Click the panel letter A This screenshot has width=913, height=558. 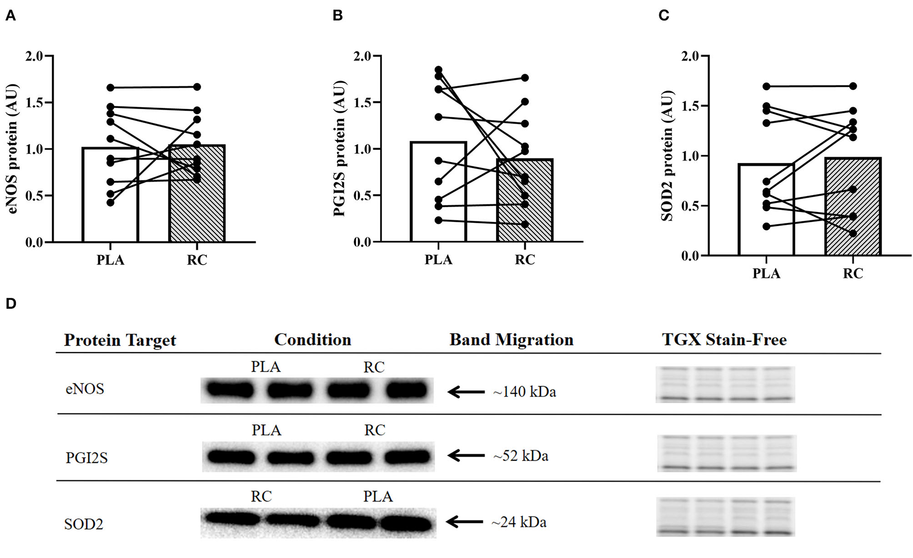point(10,16)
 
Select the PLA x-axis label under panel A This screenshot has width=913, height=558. point(110,260)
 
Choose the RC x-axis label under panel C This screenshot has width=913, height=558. point(853,273)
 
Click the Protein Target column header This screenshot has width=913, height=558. point(120,340)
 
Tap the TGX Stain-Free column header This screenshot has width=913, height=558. point(724,340)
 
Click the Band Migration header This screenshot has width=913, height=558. point(511,340)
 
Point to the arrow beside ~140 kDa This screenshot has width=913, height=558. point(466,392)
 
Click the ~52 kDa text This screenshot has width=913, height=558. point(520,456)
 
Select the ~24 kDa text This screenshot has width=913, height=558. point(519,522)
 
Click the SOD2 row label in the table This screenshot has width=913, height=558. point(83,524)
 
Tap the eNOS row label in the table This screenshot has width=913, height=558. point(85,389)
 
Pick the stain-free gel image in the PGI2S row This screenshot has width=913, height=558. point(727,453)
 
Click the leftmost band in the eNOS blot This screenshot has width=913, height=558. point(229,390)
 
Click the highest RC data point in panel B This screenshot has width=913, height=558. point(525,78)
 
